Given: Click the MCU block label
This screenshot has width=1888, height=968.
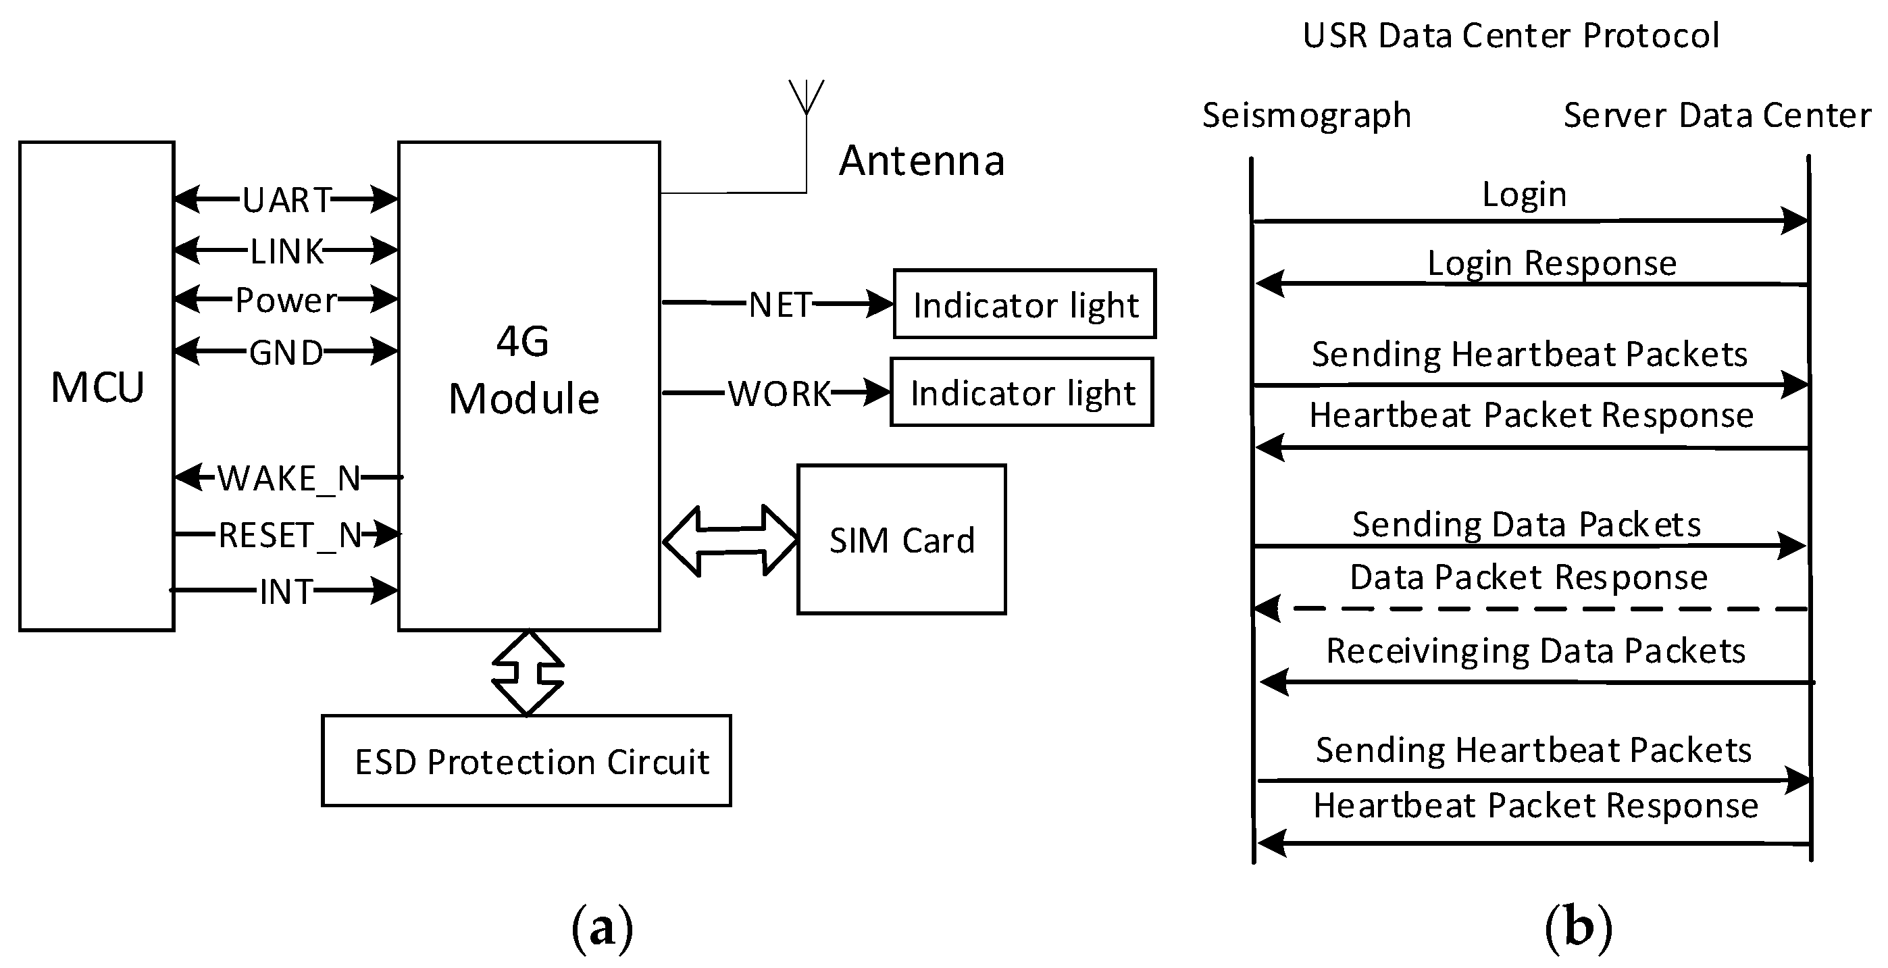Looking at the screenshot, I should [97, 387].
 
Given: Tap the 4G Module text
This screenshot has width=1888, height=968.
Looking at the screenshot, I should [524, 371].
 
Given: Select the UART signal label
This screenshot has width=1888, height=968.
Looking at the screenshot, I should [287, 200].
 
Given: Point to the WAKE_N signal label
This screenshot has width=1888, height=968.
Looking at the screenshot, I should [290, 478].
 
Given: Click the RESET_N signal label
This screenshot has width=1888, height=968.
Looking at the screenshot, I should [290, 535].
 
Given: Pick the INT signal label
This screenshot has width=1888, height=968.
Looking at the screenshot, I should [286, 591].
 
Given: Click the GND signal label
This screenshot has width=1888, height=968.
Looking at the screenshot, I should [286, 353].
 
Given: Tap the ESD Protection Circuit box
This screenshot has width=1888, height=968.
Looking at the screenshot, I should [526, 761].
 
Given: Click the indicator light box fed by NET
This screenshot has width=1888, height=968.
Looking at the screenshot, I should [1025, 304].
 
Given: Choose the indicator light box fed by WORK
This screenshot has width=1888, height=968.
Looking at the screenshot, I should [1022, 392].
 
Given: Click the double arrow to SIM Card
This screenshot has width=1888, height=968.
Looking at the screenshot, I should [730, 541].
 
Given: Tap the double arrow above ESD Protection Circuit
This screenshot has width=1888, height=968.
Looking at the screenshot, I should [528, 673].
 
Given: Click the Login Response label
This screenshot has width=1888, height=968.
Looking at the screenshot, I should [1552, 262].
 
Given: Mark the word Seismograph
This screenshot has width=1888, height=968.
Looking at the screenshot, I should [1306, 115].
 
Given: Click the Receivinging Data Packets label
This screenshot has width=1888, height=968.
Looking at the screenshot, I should [1535, 651].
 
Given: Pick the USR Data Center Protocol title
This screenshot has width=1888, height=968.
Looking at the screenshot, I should [1510, 35].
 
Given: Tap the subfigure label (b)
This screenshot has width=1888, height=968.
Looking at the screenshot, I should [1578, 927].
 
